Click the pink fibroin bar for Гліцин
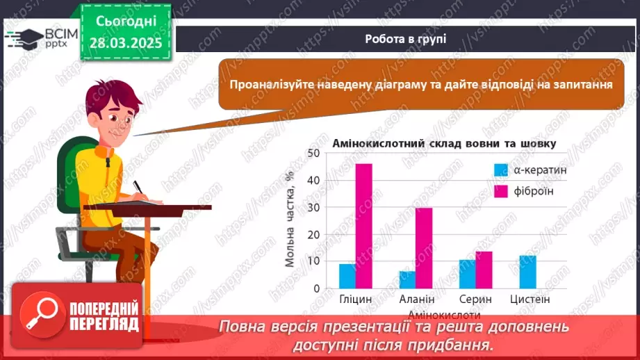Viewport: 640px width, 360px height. [x=363, y=226]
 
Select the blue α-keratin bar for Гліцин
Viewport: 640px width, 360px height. [x=347, y=276]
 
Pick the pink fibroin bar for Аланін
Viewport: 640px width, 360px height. [x=424, y=247]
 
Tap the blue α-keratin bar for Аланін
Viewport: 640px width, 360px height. [x=407, y=279]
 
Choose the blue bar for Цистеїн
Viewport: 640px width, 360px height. [x=528, y=272]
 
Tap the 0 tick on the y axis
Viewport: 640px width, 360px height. [x=315, y=288]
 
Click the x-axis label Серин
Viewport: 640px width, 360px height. [x=476, y=300]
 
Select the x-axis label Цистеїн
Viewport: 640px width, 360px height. [x=530, y=300]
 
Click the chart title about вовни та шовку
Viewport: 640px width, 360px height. [x=444, y=144]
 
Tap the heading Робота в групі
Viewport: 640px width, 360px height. [x=406, y=39]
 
